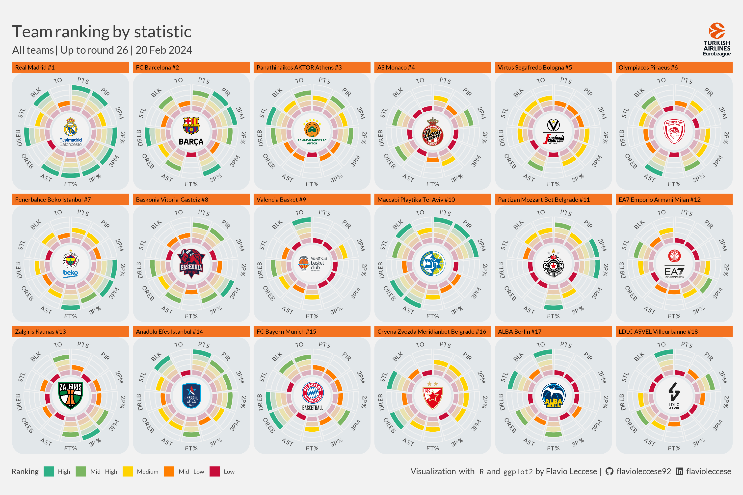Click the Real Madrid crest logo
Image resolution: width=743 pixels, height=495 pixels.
tap(70, 131)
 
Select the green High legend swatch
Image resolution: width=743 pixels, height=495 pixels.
tap(49, 471)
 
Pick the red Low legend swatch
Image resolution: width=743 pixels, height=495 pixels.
tap(214, 471)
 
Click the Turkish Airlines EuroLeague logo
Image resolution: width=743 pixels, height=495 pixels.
tap(716, 39)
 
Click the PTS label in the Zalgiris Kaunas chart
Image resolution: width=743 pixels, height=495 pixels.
tap(83, 345)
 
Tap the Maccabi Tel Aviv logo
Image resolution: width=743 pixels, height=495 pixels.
tap(432, 263)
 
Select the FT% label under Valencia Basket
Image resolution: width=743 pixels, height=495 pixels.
tap(312, 316)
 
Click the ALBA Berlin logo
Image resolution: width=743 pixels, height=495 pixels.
tap(553, 396)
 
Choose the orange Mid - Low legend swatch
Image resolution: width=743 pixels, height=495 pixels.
tap(169, 471)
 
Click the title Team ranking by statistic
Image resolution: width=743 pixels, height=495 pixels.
tap(102, 32)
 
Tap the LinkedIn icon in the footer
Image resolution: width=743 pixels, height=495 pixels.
tap(679, 471)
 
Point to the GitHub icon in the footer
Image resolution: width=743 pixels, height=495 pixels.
tap(609, 471)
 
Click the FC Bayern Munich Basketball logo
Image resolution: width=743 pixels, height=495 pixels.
tap(312, 396)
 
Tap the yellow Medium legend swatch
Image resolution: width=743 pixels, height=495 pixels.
tap(128, 471)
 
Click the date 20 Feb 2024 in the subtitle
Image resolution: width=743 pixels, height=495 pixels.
tap(164, 50)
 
